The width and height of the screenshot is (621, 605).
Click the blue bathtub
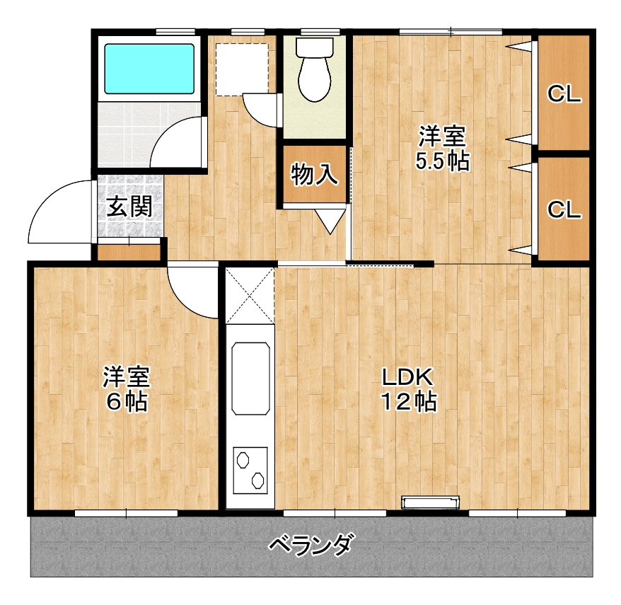pyautogui.click(x=149, y=69)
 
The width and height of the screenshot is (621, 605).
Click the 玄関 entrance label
pyautogui.click(x=129, y=207)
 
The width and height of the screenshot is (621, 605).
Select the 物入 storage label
pyautogui.click(x=315, y=175)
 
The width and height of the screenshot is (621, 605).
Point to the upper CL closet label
pyautogui.click(x=564, y=94)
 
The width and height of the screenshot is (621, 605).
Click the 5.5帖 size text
pyautogui.click(x=442, y=161)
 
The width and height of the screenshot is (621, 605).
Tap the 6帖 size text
pyautogui.click(x=127, y=402)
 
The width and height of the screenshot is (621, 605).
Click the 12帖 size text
pyautogui.click(x=409, y=402)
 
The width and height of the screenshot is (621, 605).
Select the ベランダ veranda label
pyautogui.click(x=310, y=545)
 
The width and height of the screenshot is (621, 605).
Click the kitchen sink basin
pyautogui.click(x=250, y=379)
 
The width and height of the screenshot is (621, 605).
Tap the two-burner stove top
pyautogui.click(x=250, y=471)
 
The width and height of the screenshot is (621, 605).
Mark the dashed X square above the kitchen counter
pyautogui.click(x=250, y=295)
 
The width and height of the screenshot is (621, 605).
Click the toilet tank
pyautogui.click(x=315, y=47)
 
